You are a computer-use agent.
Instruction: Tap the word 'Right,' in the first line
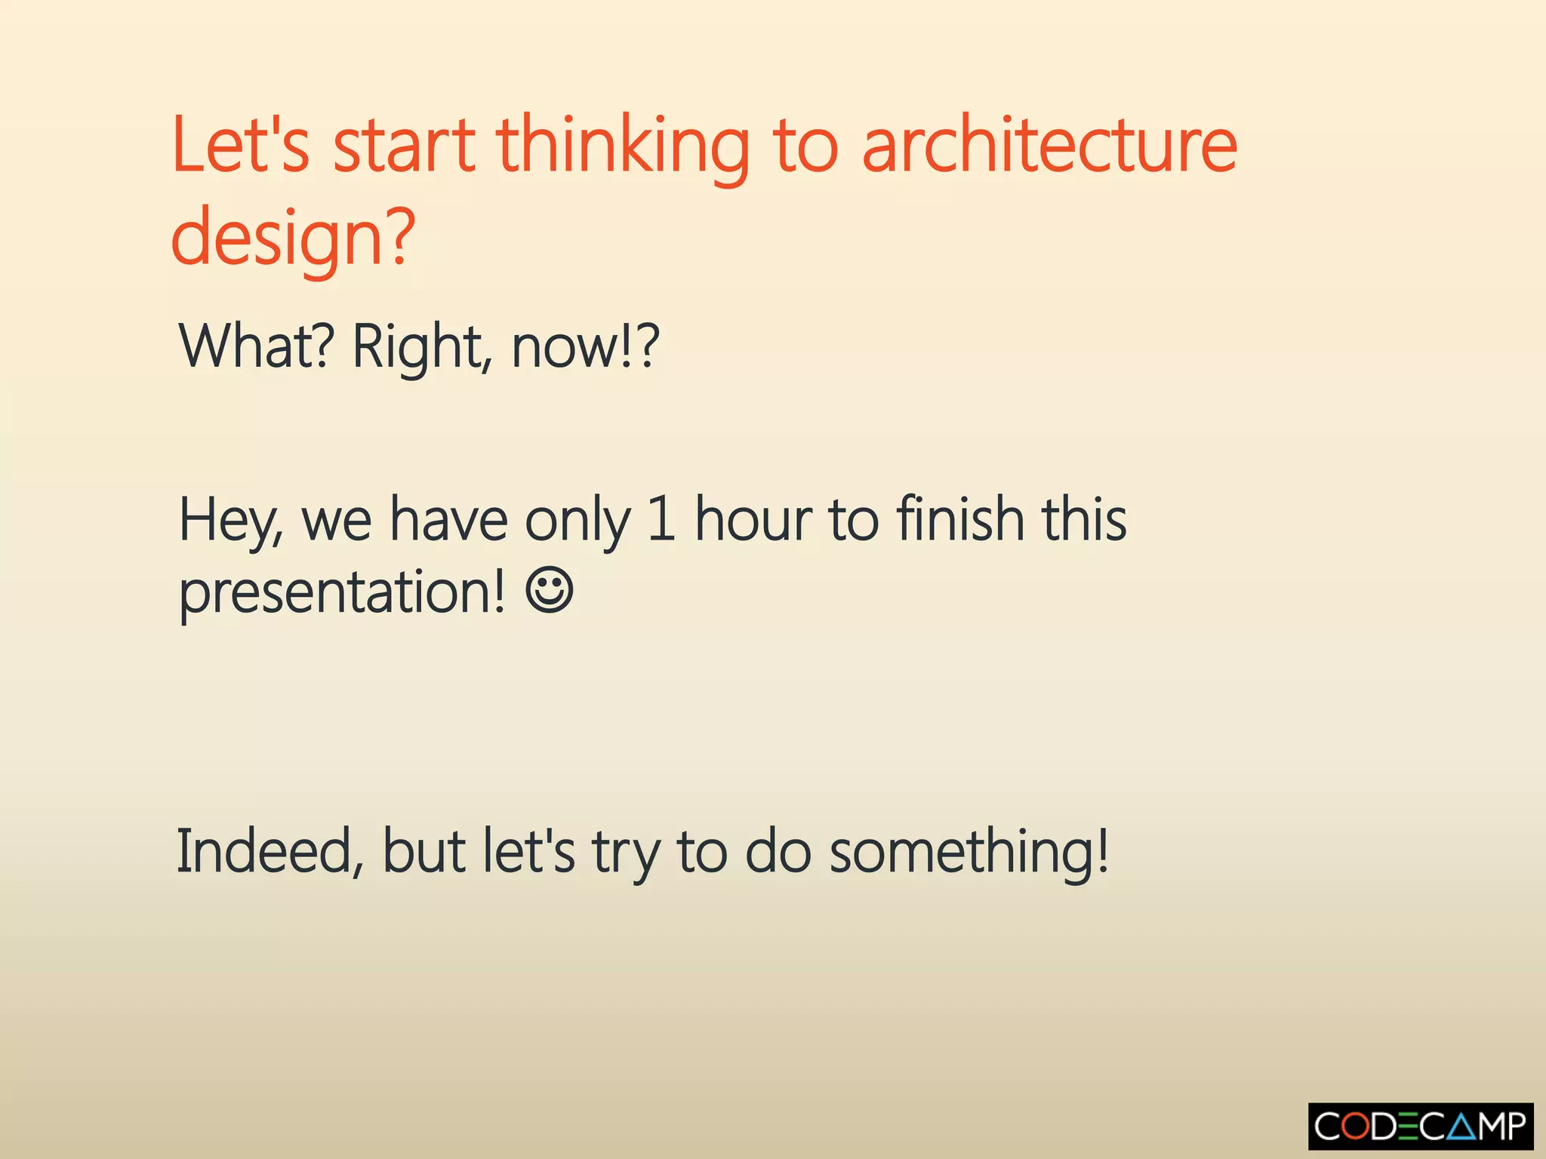[422, 346]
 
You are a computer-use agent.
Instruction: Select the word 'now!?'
[586, 346]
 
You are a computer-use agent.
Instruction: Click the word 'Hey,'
[230, 521]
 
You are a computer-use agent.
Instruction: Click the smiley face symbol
[550, 591]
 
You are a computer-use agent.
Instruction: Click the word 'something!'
[969, 851]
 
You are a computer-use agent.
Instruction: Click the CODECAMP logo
[1420, 1127]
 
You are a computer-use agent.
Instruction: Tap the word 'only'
[577, 521]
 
